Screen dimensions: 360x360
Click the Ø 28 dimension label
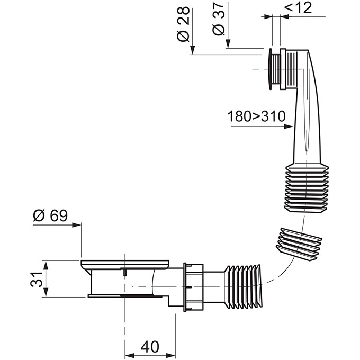pos(184,24)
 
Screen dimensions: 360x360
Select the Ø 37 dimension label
pos(218,19)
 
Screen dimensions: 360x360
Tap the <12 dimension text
pos(298,7)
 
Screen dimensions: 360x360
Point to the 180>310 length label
pos(256,116)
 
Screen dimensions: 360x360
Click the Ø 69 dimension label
pos(50,215)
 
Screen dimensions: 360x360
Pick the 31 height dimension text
pos(37,279)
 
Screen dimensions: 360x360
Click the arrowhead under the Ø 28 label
pos(192,50)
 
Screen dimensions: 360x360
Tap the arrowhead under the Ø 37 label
pos(228,43)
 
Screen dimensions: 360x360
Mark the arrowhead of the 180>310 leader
pos(289,127)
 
